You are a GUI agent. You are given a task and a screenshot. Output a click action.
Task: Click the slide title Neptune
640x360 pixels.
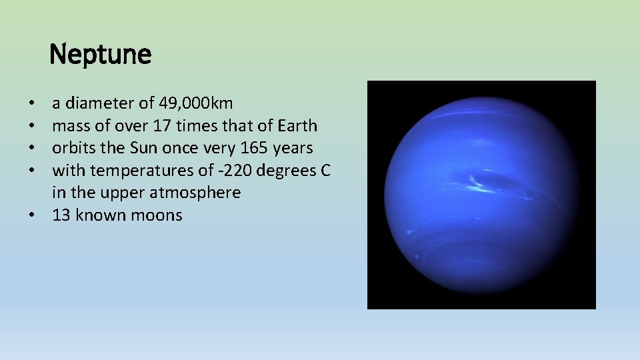(100, 54)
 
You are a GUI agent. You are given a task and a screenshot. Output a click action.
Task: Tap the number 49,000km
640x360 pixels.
(196, 103)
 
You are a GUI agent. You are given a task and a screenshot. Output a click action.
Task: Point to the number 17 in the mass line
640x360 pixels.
(162, 126)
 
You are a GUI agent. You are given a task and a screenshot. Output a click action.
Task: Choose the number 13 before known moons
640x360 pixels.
(61, 215)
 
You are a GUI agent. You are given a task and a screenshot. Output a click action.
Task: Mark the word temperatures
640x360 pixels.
(142, 171)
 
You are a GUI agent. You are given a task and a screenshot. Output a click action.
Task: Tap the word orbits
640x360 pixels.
(71, 148)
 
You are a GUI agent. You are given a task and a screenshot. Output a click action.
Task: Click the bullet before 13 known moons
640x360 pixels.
(32, 215)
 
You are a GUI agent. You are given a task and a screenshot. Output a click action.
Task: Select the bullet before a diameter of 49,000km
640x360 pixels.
(32, 103)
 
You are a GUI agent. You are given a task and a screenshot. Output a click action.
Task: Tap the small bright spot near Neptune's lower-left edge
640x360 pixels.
(417, 255)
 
